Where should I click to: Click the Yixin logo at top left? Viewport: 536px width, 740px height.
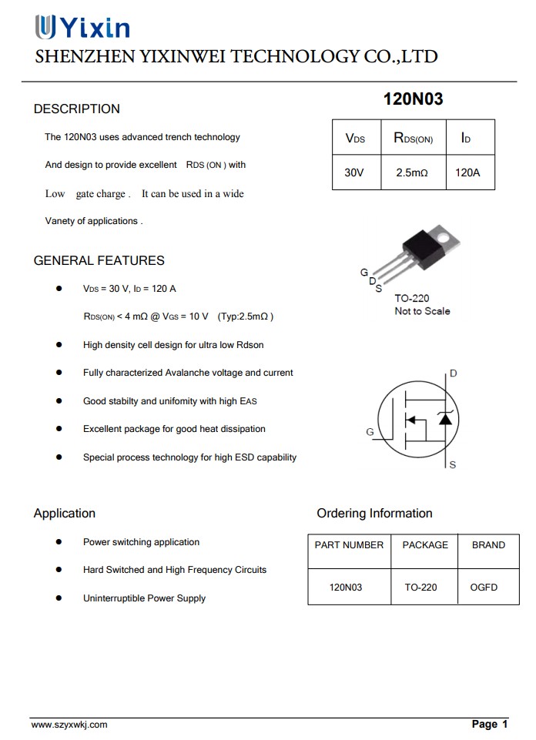click(82, 28)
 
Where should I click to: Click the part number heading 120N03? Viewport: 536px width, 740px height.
click(413, 99)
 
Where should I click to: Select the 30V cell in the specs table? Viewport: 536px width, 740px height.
click(353, 173)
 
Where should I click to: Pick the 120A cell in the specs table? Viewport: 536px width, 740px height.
click(467, 173)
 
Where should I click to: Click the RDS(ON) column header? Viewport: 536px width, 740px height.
click(413, 139)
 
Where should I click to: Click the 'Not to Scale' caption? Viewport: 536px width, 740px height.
click(422, 311)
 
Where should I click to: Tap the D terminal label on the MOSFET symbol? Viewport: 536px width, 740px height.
click(454, 373)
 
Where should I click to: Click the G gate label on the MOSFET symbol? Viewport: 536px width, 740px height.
click(370, 432)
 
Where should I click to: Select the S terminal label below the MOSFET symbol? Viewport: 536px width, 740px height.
click(452, 465)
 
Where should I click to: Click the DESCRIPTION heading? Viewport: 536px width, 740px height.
click(76, 109)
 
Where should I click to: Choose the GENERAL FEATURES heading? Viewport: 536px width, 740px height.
click(99, 261)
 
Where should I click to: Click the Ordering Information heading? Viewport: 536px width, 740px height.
click(374, 514)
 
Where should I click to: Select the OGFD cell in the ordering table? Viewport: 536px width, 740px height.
click(484, 588)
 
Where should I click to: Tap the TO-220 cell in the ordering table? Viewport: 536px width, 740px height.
click(420, 588)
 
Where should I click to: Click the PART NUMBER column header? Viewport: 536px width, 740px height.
click(349, 545)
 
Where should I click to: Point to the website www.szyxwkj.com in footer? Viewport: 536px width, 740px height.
click(69, 725)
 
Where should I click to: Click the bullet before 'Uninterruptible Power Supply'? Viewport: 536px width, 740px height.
click(59, 598)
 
